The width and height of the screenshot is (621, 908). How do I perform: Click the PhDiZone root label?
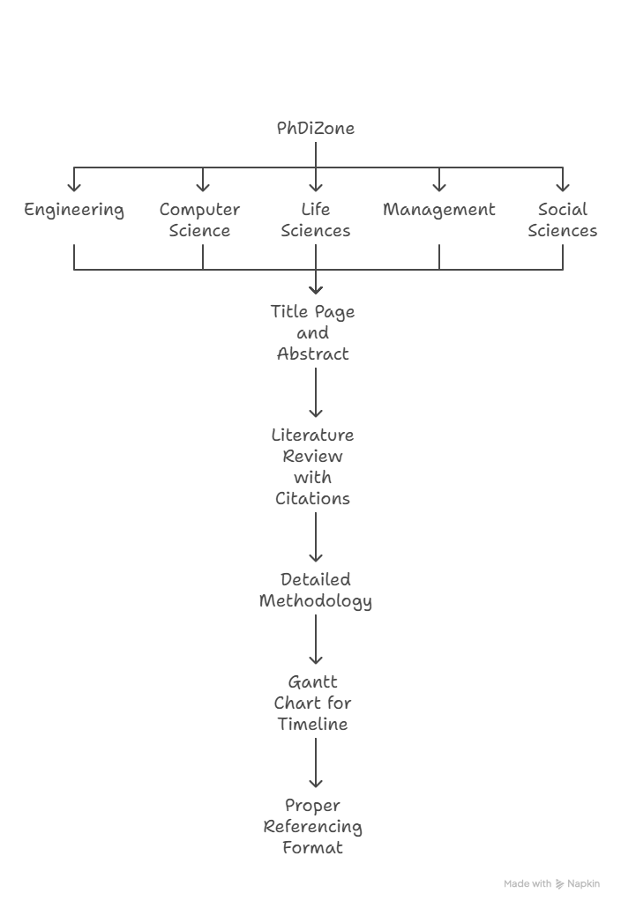click(x=315, y=128)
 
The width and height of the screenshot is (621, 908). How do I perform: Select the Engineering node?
click(x=73, y=210)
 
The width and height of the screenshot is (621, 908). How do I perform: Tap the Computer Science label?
click(x=199, y=220)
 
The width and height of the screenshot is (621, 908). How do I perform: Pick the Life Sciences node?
click(x=315, y=220)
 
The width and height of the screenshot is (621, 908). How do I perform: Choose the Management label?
click(x=439, y=210)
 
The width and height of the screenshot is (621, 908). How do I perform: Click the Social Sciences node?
click(x=563, y=220)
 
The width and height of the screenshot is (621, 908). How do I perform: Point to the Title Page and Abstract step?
click(x=313, y=333)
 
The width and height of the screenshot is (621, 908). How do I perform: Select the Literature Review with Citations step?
click(x=313, y=466)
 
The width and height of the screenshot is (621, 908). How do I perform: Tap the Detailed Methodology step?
click(x=315, y=591)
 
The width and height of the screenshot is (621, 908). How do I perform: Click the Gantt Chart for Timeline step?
click(x=313, y=703)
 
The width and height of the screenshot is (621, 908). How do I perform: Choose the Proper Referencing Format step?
click(x=313, y=826)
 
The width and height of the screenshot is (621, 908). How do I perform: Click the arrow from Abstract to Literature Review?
click(x=316, y=392)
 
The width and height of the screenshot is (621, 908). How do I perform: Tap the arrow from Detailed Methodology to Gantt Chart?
click(x=316, y=639)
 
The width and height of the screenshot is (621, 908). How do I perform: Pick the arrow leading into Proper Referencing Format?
click(x=316, y=763)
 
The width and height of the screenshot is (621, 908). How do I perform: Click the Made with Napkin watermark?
click(x=551, y=883)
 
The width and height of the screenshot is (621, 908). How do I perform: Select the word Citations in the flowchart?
click(x=313, y=499)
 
